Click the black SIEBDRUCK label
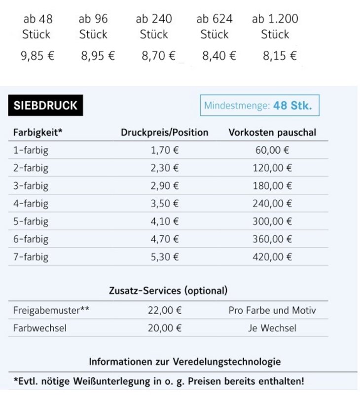tap(45, 106)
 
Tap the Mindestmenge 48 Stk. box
tap(259, 106)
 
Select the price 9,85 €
tap(37, 56)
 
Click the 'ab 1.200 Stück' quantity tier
tap(275, 27)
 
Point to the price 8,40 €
tap(219, 56)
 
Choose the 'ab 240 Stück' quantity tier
tap(154, 27)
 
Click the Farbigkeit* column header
tap(37, 132)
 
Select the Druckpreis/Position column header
tap(165, 132)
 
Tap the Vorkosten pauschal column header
tap(272, 132)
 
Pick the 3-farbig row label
tap(31, 185)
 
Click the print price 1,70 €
tap(165, 150)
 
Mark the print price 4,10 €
tap(165, 221)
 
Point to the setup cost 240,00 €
tap(272, 203)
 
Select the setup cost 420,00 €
tap(272, 256)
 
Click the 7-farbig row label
tap(31, 256)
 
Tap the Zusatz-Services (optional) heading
tap(168, 290)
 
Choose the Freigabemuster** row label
tap(51, 311)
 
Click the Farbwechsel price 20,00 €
tap(165, 328)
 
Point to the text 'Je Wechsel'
tap(272, 328)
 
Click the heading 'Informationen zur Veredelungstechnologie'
tap(185, 361)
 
